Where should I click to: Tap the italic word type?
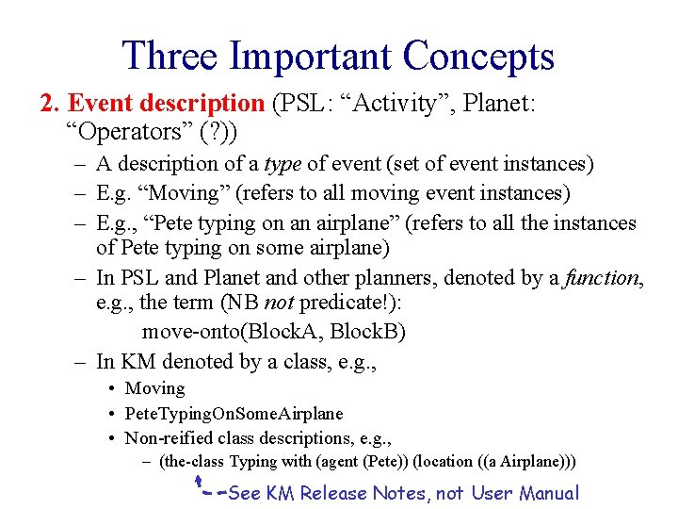[282, 164]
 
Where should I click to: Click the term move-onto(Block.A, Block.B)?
[272, 332]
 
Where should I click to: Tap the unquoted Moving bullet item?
[154, 388]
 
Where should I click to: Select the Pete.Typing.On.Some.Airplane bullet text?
[234, 414]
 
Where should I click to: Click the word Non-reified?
[168, 438]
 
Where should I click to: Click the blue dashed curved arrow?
[211, 487]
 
